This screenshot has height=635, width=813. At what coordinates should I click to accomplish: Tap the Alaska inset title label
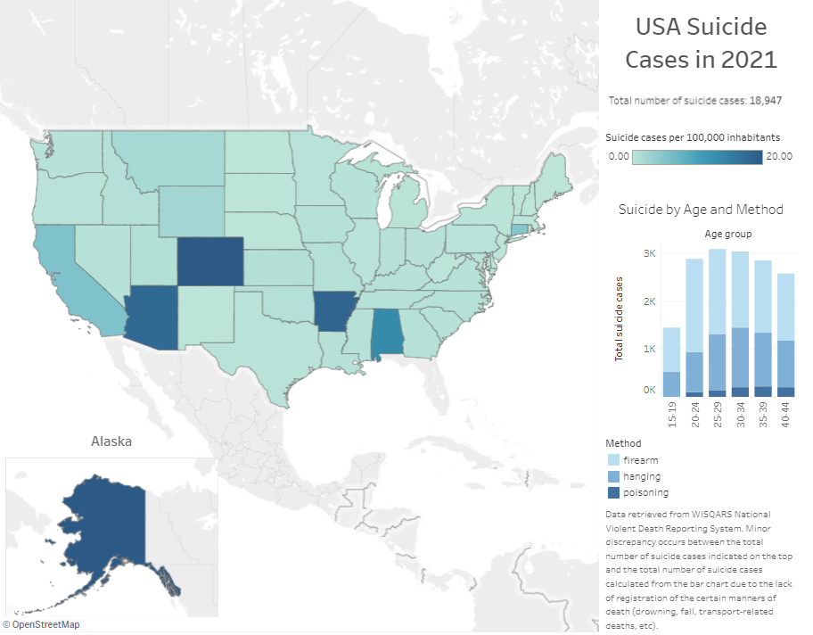111,441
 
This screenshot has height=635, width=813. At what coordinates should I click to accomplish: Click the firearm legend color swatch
613,460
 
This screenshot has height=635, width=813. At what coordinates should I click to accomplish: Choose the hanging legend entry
642,476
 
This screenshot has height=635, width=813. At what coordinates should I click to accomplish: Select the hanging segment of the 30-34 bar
740,357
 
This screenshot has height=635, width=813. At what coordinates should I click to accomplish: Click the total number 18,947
765,101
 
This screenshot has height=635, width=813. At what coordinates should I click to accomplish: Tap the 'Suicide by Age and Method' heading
701,210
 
